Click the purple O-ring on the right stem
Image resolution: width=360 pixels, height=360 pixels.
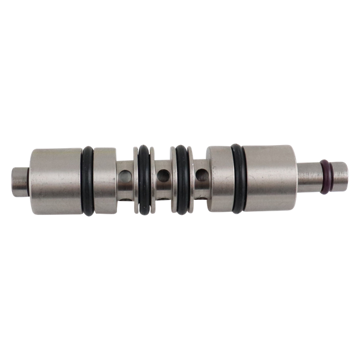pyautogui.click(x=325, y=173)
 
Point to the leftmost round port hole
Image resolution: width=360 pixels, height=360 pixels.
pyautogui.click(x=125, y=177)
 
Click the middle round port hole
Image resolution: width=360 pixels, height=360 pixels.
pyautogui.click(x=162, y=177)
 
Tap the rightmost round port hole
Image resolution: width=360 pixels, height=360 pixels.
pyautogui.click(x=202, y=176)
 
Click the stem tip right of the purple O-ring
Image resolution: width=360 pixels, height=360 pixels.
pyautogui.click(x=338, y=173)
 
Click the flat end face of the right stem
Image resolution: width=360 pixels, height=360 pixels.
pyautogui.click(x=347, y=173)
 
